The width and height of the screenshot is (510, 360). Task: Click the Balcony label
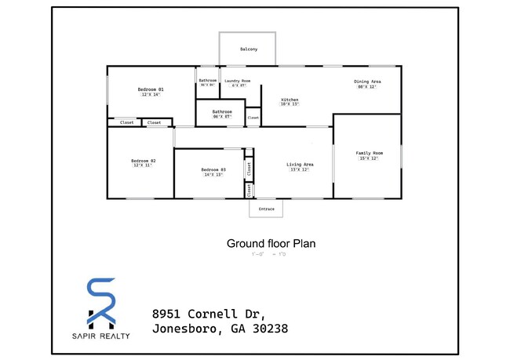(x=248, y=50)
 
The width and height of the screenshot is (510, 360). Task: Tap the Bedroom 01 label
(x=151, y=89)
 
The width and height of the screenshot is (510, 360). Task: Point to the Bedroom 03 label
(x=213, y=169)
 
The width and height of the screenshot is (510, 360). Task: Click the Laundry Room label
(x=237, y=81)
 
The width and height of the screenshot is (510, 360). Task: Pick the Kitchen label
(x=290, y=100)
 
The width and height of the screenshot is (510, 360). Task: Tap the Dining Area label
(x=367, y=82)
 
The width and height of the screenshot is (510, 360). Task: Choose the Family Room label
(x=369, y=153)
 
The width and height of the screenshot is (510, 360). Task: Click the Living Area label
(x=300, y=164)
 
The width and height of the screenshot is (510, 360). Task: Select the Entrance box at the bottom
(x=266, y=209)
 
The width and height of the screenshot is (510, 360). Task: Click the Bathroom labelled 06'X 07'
(x=223, y=111)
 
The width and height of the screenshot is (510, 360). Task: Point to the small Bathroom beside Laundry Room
(x=207, y=80)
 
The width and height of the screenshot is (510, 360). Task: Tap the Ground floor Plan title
(x=271, y=243)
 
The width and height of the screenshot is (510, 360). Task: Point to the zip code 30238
(x=268, y=329)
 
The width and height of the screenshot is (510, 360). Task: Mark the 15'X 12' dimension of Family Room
(x=369, y=158)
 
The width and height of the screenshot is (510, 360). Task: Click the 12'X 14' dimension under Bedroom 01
(x=151, y=95)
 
